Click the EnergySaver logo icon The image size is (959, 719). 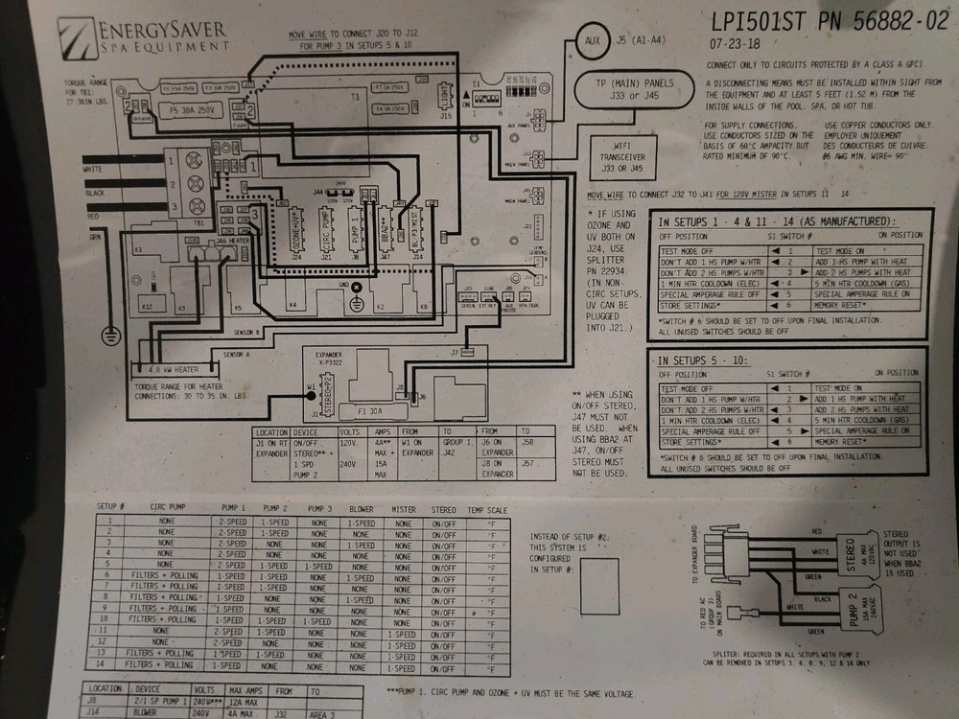(77, 37)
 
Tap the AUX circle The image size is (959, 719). (594, 41)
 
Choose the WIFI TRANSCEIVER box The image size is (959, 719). (620, 157)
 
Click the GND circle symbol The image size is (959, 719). (357, 287)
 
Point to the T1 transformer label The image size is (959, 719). (354, 97)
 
